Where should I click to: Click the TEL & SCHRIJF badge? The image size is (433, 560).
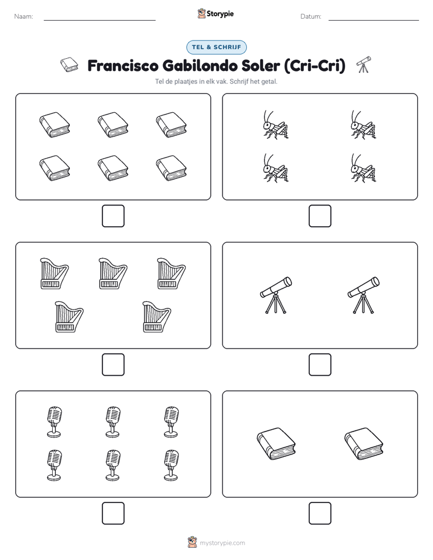point(216,47)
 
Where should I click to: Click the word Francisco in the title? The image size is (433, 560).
point(123,65)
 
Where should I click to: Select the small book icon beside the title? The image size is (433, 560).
point(69,65)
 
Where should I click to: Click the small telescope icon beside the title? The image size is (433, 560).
point(364,64)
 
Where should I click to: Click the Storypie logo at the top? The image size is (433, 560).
point(215,14)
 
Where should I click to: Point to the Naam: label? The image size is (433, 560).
point(24,16)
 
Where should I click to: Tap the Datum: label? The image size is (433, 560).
point(310,16)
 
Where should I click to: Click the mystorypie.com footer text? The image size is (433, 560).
point(222,543)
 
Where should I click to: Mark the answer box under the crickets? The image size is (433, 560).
point(320,216)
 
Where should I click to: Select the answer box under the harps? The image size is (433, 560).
point(113,365)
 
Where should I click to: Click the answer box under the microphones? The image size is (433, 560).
point(113,513)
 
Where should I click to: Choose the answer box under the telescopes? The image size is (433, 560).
point(320,365)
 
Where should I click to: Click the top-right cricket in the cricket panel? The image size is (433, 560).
point(363,125)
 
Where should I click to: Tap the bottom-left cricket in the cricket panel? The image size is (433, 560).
point(275,168)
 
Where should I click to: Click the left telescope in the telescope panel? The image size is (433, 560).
point(275,295)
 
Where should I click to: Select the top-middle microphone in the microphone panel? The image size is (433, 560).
point(113,422)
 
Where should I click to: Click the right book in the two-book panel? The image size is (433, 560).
point(363,444)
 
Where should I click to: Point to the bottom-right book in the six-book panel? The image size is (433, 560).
point(171,168)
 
